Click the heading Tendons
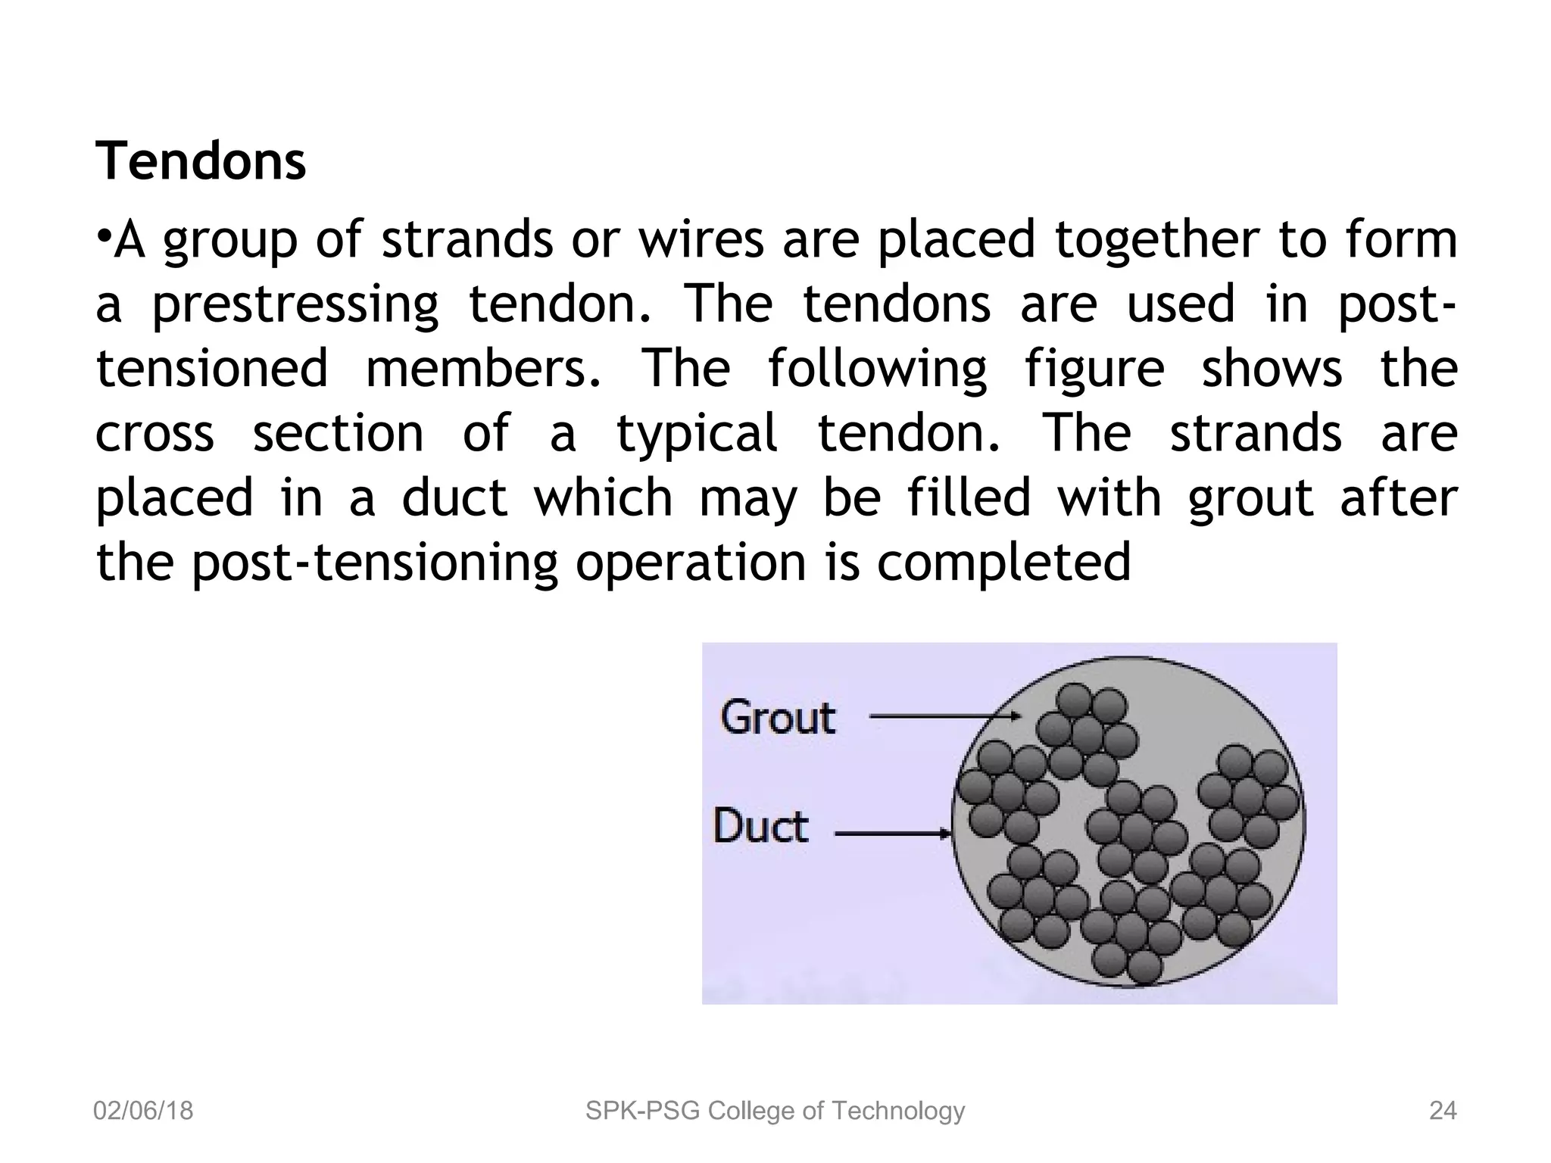tap(201, 161)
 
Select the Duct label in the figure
tap(760, 826)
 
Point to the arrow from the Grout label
tap(943, 716)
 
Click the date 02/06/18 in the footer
tap(143, 1111)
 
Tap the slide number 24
tap(1442, 1111)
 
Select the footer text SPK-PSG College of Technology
tap(775, 1111)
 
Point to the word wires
tap(701, 239)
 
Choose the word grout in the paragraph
tap(1250, 498)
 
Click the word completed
tap(1003, 562)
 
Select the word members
tap(485, 369)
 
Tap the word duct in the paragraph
tap(454, 498)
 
